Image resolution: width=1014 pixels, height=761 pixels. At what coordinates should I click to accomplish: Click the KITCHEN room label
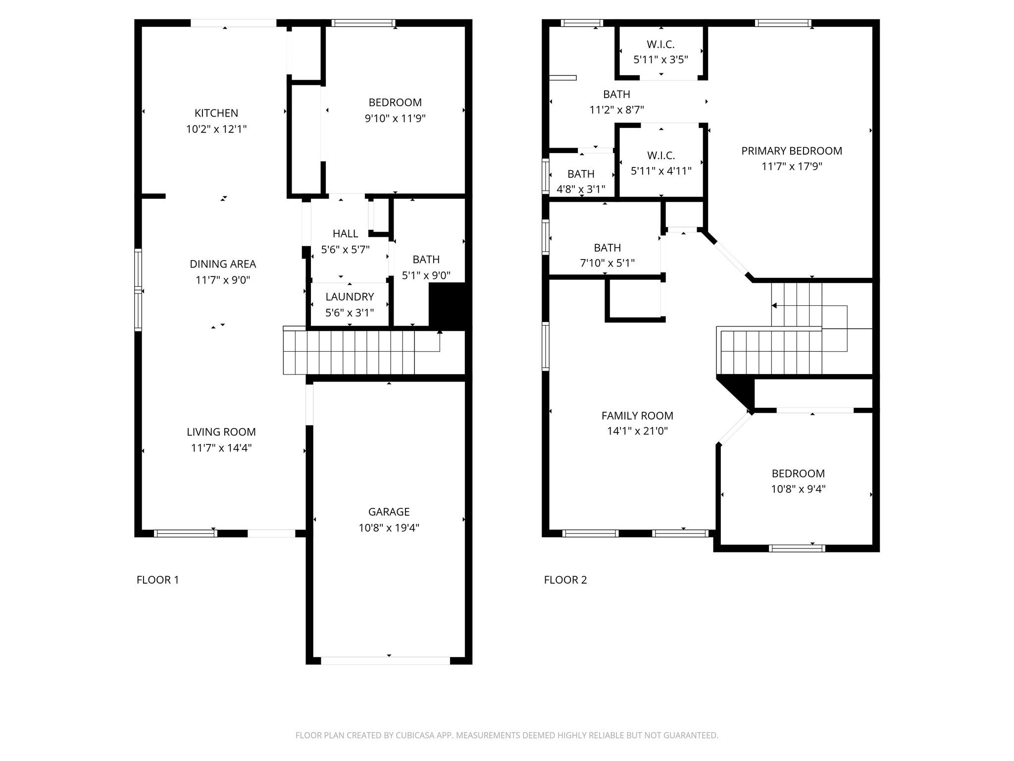coord(216,113)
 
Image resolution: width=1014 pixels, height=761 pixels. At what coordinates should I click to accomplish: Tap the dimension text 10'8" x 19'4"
coord(389,528)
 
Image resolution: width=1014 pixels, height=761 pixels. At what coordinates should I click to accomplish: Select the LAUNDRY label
coord(350,297)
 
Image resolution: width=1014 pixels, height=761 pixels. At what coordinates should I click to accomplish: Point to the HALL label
coord(345,233)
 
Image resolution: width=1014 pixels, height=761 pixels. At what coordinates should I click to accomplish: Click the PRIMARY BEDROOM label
coord(791,151)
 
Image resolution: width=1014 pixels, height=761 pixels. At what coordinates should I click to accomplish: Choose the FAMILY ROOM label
coord(637,416)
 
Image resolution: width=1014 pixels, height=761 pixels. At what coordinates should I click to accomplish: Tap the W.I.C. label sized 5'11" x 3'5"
coord(660,45)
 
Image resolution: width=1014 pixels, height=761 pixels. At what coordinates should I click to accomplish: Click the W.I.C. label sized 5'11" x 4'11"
coord(660,156)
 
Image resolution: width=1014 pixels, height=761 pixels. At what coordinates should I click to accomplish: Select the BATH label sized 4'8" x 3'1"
coord(581,174)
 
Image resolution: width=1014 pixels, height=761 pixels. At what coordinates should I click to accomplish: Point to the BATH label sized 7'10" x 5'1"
coord(607,248)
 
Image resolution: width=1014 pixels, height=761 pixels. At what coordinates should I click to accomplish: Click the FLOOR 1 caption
coord(157,580)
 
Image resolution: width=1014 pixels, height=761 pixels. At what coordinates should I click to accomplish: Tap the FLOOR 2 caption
coord(565,580)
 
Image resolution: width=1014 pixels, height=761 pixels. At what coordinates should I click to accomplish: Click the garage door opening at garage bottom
coord(385,660)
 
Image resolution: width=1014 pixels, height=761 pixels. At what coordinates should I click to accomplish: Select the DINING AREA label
coord(223,264)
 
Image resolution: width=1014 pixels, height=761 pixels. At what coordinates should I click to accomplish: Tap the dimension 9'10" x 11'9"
coord(395,118)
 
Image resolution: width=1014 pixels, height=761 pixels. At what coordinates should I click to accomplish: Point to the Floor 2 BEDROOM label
coord(798,473)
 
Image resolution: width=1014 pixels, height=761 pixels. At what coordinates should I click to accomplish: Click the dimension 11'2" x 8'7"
coord(616,109)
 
